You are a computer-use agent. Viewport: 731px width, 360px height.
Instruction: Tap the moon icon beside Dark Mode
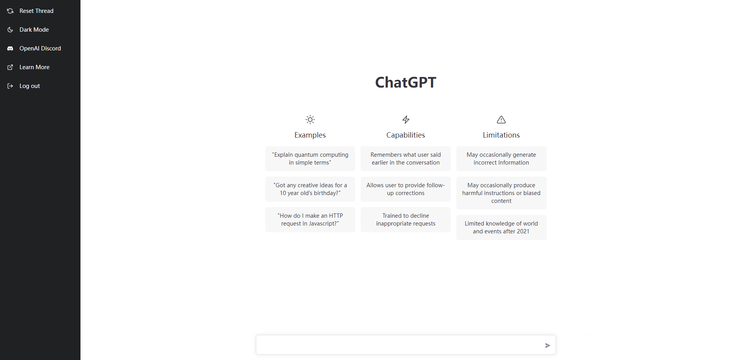[x=10, y=30]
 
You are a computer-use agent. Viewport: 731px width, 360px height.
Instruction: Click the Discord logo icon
[x=10, y=48]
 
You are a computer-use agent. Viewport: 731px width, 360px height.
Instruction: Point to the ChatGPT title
[x=406, y=82]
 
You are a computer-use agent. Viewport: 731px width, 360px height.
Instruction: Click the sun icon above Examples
[x=310, y=120]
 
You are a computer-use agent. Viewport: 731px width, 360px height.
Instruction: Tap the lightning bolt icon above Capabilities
[x=406, y=120]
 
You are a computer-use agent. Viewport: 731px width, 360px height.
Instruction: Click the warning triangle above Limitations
[x=501, y=120]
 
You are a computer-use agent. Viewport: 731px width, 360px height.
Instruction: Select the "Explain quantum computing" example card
[x=310, y=159]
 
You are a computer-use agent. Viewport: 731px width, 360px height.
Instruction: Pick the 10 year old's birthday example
[x=310, y=189]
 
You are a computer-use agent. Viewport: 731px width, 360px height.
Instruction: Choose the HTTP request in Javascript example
[x=310, y=220]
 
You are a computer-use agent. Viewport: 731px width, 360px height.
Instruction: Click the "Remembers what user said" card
[x=406, y=159]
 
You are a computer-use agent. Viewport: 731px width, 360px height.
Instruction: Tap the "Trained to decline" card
[x=406, y=220]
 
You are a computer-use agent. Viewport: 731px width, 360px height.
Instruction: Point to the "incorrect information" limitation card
[x=501, y=159]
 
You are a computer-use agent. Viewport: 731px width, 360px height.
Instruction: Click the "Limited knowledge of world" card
[x=501, y=227]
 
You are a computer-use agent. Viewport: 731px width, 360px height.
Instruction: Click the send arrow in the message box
[x=548, y=346]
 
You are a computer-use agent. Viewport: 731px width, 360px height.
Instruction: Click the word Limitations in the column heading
[x=501, y=135]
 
